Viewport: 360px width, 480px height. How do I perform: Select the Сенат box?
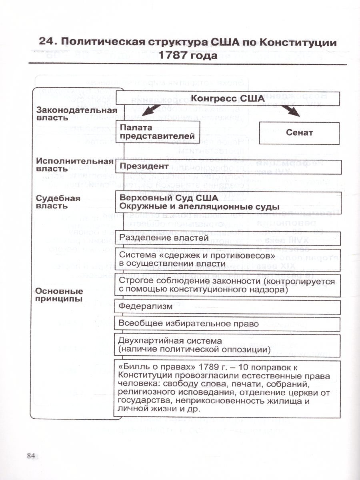tap(300, 133)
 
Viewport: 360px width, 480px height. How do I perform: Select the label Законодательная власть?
tap(76, 114)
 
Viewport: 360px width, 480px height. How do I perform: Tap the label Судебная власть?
tap(58, 202)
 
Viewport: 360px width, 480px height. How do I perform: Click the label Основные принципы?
tap(60, 295)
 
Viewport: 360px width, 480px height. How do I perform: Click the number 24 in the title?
tap(48, 42)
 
